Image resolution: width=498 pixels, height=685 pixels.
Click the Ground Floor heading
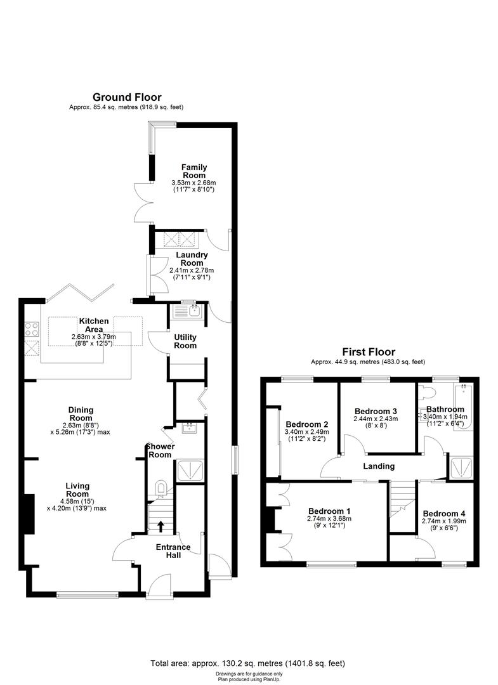[x=127, y=97]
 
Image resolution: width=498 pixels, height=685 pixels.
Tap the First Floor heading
[x=369, y=351]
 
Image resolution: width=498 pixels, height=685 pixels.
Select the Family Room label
[x=194, y=172]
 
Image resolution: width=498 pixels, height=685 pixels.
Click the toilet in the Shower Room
[x=161, y=488]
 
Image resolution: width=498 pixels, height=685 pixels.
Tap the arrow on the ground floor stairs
[x=160, y=525]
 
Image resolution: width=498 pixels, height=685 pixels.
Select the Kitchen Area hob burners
[x=31, y=328]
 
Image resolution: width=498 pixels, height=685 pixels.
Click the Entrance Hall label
[x=173, y=551]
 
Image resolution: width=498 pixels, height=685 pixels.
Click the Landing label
[x=379, y=466]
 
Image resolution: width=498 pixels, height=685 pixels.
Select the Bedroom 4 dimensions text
[x=443, y=524]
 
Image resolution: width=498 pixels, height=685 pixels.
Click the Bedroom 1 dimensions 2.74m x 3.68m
[x=329, y=518]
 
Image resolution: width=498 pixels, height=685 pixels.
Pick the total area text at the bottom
[x=248, y=663]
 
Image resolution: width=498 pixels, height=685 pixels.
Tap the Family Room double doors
[x=142, y=202]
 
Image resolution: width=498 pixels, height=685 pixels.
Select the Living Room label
[x=77, y=490]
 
